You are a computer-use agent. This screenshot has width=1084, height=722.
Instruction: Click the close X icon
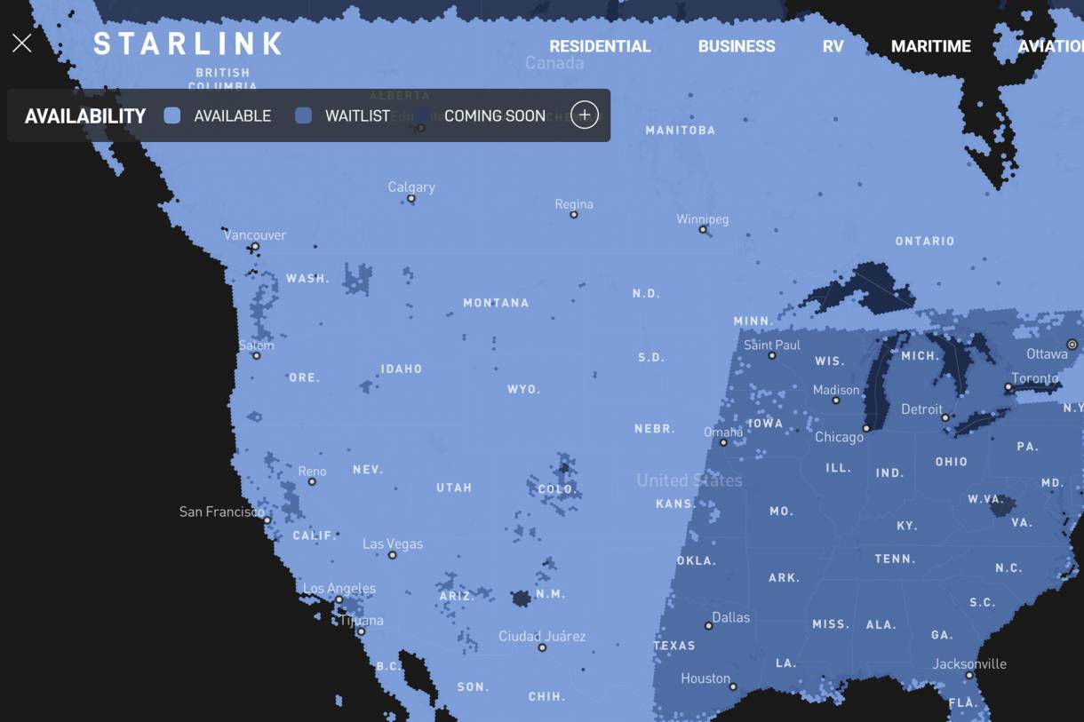click(22, 44)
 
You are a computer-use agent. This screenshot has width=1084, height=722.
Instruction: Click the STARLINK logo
click(187, 44)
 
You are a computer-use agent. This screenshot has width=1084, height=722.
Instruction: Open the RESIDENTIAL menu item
click(600, 46)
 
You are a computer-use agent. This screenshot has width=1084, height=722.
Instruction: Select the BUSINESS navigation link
click(737, 46)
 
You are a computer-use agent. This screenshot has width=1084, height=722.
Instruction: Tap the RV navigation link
click(833, 46)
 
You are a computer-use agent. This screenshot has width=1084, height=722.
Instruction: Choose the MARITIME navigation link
click(930, 46)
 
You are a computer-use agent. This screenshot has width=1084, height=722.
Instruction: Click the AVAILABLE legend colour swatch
click(172, 115)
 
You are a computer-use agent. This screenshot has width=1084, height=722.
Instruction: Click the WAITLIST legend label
click(357, 116)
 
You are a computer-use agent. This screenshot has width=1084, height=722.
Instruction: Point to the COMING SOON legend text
click(494, 116)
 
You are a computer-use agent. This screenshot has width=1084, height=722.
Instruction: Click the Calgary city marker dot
click(411, 199)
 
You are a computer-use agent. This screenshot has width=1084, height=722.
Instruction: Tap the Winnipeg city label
click(702, 218)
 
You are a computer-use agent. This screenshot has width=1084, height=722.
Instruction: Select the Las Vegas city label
click(392, 543)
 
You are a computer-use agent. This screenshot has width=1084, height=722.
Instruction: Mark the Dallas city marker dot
click(708, 626)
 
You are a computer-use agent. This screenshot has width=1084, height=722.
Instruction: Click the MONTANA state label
click(496, 303)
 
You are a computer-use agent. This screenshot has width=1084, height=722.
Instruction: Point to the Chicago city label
click(839, 437)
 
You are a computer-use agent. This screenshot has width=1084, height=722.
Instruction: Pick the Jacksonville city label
click(969, 663)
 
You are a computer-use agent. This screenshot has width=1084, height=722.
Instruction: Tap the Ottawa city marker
click(1072, 345)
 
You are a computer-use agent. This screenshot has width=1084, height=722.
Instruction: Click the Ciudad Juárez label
click(542, 636)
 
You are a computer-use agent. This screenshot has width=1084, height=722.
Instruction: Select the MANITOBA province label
click(680, 131)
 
